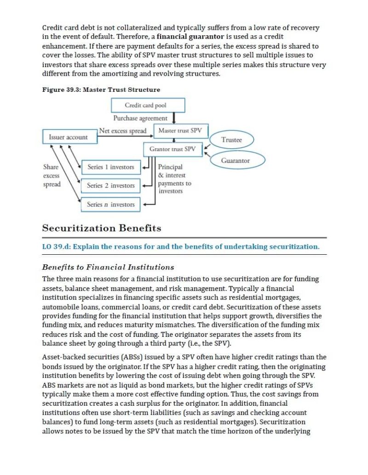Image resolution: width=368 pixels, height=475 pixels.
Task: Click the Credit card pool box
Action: coord(148,105)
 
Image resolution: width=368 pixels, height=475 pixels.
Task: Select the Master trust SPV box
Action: coord(180,131)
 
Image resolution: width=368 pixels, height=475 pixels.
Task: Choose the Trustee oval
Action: coord(231,140)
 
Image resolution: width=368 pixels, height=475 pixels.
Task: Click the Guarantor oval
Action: coord(237,160)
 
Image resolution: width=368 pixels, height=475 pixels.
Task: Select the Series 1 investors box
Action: coord(110,167)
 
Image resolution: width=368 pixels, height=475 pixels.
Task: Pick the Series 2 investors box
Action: coord(110,186)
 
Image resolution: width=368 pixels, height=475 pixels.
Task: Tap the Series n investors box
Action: coord(110,204)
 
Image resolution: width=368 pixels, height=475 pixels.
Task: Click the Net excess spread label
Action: coord(123,131)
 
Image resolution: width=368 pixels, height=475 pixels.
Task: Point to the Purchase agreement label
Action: coord(140,118)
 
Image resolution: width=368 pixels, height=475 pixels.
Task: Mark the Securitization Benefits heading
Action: coord(101,228)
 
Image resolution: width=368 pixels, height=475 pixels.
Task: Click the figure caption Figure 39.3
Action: coord(101,89)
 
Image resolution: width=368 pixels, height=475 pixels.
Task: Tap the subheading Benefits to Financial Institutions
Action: coord(108,267)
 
